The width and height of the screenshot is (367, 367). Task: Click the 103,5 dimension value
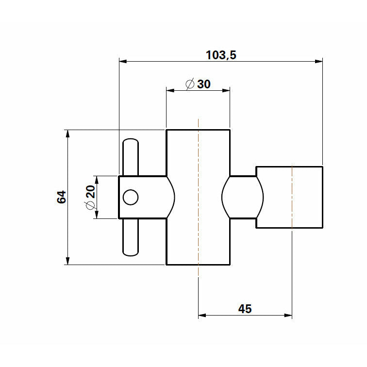click(221, 55)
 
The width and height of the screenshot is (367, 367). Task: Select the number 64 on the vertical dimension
click(61, 197)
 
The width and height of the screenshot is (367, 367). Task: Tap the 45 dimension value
click(245, 309)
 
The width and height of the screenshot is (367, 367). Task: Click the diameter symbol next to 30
click(190, 84)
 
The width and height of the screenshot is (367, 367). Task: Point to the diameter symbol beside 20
click(89, 206)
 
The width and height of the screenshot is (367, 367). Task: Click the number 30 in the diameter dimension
click(204, 84)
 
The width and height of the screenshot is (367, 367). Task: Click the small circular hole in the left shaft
click(131, 197)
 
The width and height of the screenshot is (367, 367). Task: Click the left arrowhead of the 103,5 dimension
click(123, 62)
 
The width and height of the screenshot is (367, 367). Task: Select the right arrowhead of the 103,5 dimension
click(319, 62)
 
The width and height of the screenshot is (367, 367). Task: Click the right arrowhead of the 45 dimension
click(288, 316)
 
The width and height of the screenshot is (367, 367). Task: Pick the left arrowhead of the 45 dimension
click(202, 316)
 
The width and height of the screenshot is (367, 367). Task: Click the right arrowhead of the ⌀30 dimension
click(226, 90)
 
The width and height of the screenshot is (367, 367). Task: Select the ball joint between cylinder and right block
click(242, 197)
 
